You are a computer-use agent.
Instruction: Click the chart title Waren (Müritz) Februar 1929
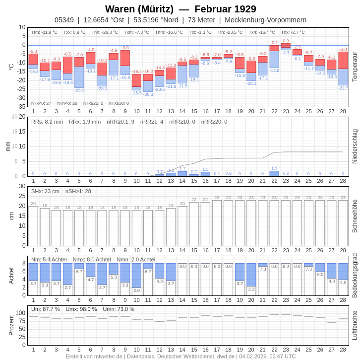[180, 9]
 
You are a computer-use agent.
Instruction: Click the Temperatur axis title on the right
[355, 67]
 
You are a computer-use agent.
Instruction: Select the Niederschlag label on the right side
[355, 146]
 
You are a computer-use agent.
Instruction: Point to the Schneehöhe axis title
[355, 216]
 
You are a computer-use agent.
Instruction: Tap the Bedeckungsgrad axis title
[355, 276]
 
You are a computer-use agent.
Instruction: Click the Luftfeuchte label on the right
[355, 325]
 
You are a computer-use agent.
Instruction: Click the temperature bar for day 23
[286, 47]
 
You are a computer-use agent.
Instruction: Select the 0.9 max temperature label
[286, 41]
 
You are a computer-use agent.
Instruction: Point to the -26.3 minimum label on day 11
[148, 94]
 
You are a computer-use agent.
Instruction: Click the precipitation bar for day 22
[274, 173]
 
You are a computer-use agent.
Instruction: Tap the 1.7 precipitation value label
[182, 168]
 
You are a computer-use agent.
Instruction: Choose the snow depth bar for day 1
[33, 226]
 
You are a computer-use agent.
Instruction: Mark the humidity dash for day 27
[332, 322]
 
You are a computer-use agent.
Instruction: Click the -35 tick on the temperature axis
[21, 107]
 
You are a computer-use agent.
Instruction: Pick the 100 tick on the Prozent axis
[20, 313]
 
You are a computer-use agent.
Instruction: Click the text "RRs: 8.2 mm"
[47, 122]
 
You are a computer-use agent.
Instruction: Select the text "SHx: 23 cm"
[45, 191]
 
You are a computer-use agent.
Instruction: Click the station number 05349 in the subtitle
[64, 20]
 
